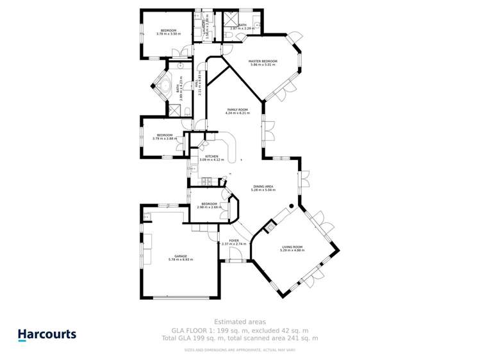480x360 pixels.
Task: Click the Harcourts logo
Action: coord(47,334)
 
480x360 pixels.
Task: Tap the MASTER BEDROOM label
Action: coord(263,61)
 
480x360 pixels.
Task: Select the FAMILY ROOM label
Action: coord(237,110)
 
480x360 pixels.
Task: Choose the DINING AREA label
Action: coord(263,186)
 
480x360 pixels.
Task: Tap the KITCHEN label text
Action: coord(211,156)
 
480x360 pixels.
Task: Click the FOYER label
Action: coord(233,240)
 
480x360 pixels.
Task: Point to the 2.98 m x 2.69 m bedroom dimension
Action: coord(208,208)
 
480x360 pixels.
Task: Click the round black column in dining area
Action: coord(290,205)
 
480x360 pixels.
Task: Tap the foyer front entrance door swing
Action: coord(236,257)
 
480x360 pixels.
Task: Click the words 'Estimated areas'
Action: coord(240,322)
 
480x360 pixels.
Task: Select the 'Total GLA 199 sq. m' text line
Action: coord(240,338)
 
